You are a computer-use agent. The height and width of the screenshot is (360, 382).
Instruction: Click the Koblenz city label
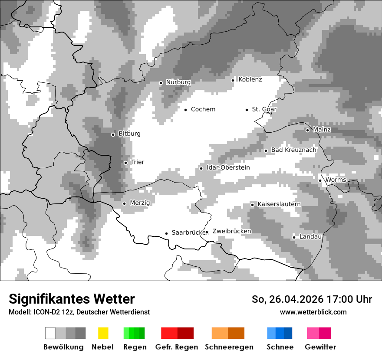coord(250,79)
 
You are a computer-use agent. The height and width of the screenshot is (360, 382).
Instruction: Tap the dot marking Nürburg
coord(161,82)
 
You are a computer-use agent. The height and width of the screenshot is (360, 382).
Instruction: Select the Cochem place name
coord(203,109)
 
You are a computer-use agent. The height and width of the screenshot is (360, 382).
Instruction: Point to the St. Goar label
coord(264,109)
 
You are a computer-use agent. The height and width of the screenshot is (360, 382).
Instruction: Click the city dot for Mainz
coord(307,130)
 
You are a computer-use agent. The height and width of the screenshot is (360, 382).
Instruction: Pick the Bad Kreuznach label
coord(293,150)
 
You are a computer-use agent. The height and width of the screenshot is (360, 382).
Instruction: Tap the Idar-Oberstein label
coord(228,167)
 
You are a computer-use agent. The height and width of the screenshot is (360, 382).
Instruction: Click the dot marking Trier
coord(125,163)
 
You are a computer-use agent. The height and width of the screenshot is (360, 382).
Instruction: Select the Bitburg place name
coord(129,134)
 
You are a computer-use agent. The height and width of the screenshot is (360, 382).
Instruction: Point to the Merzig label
coord(140,203)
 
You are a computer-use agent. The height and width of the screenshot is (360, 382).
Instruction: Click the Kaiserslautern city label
coord(279,204)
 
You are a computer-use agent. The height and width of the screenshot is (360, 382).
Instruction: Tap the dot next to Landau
coord(294,237)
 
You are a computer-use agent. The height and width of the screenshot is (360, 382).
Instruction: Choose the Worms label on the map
coord(336,180)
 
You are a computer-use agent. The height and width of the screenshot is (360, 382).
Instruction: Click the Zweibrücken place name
coord(232,231)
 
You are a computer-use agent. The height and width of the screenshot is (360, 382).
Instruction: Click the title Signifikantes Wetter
coord(72,299)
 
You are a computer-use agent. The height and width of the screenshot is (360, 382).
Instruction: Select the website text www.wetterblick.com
coord(313,312)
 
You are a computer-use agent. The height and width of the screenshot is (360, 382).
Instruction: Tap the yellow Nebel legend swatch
coord(103,333)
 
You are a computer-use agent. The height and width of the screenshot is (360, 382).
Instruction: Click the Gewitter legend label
coord(320,347)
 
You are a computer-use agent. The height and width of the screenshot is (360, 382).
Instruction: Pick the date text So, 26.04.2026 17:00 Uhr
coord(312,299)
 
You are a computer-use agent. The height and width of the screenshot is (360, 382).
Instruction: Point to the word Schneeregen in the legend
coord(229,347)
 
